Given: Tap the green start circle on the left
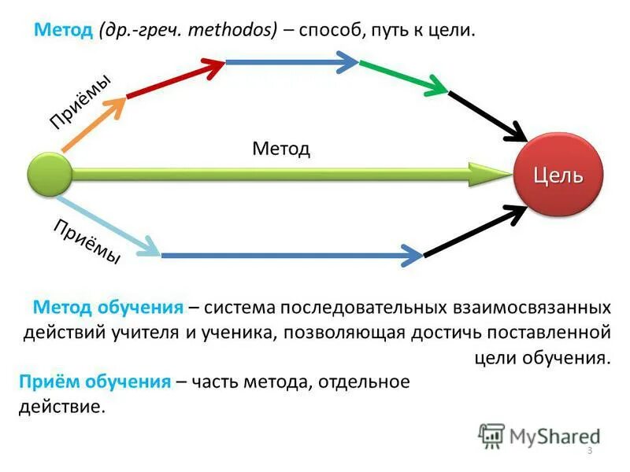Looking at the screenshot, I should [x=50, y=175].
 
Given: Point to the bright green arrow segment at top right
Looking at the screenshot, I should [x=402, y=76].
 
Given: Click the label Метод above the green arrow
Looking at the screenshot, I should [x=281, y=149].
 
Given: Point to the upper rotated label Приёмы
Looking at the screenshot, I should [x=80, y=101].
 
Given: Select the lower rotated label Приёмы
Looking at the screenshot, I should [x=87, y=241].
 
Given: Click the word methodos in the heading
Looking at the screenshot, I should [x=235, y=31].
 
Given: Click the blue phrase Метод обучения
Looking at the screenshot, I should [x=109, y=306].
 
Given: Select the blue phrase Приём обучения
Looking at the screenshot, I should [x=94, y=382].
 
